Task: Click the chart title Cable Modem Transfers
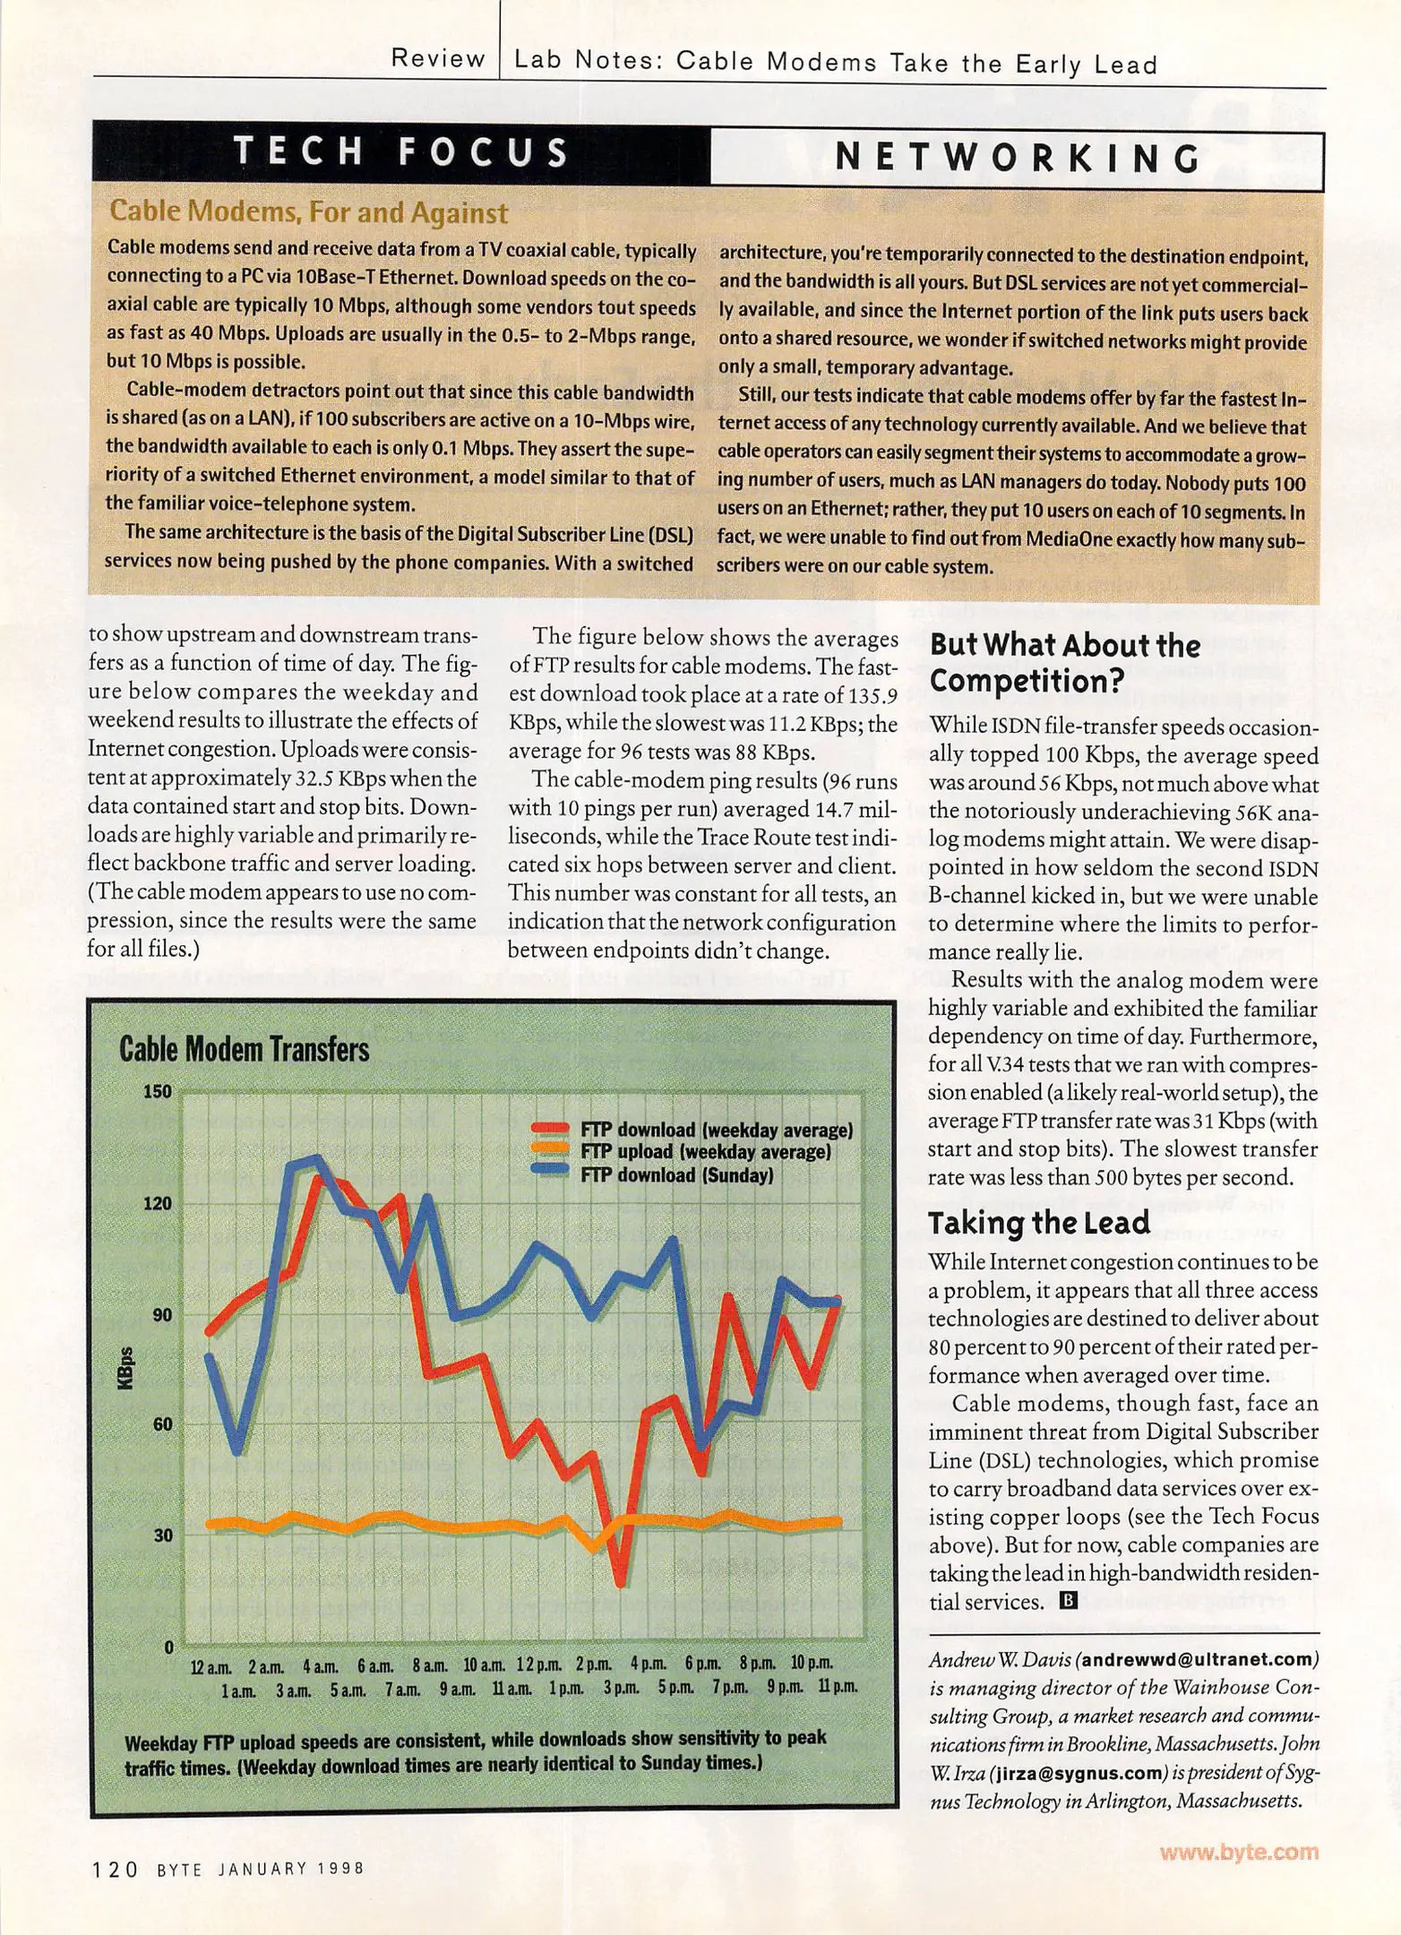pyautogui.click(x=244, y=1049)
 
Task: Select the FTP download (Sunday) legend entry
pyautogui.click(x=676, y=1174)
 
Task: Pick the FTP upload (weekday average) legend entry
pyautogui.click(x=705, y=1152)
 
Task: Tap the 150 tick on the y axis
pyautogui.click(x=158, y=1091)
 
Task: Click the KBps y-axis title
pyautogui.click(x=125, y=1369)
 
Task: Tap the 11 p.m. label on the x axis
pyautogui.click(x=837, y=1686)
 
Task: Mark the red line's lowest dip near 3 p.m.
pyautogui.click(x=620, y=1584)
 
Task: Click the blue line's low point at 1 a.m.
pyautogui.click(x=236, y=1449)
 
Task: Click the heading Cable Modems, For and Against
pyautogui.click(x=308, y=212)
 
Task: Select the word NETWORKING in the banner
pyautogui.click(x=1018, y=159)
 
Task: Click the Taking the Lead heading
pyautogui.click(x=1038, y=1223)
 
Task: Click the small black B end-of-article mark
pyautogui.click(x=1068, y=1600)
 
